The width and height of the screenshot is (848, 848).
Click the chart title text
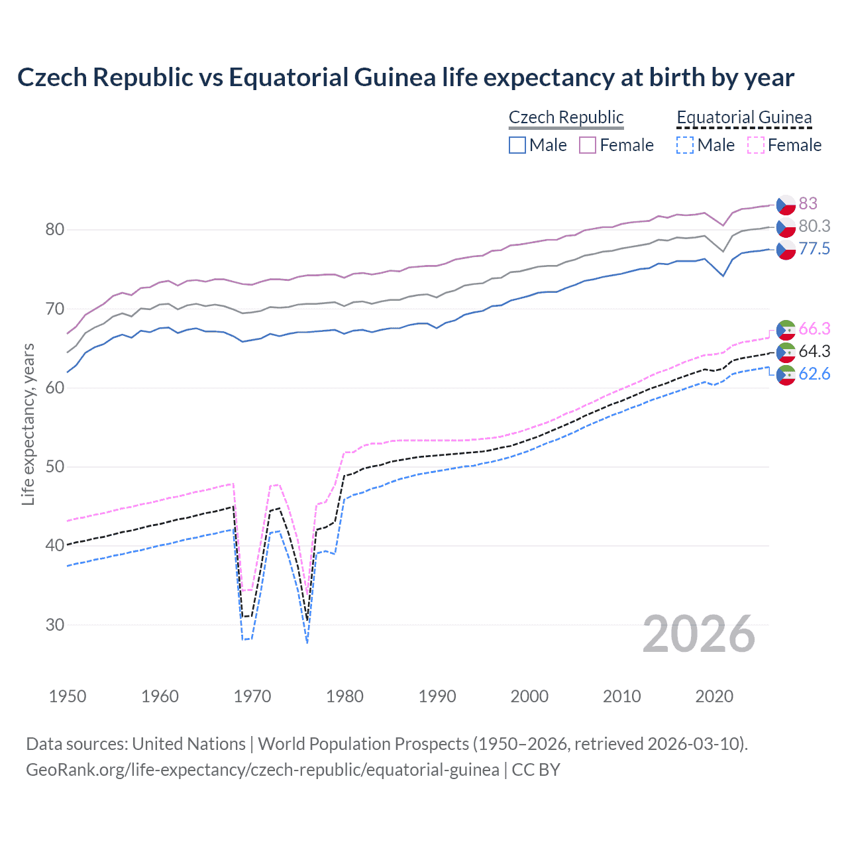tap(405, 78)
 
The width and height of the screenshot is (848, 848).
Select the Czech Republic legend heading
tap(566, 117)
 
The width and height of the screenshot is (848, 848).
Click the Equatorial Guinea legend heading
tap(744, 117)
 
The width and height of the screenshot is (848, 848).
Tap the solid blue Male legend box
tap(517, 145)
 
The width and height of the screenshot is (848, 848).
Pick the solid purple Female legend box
tap(588, 145)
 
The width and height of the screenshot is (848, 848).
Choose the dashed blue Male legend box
tap(685, 145)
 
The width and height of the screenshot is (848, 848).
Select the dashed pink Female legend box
tap(756, 145)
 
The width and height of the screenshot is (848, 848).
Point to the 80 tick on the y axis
tap(55, 230)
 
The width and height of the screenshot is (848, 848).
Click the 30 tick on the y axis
tap(55, 625)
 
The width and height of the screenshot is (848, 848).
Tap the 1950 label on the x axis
tap(68, 696)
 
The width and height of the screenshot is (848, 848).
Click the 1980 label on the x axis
tap(344, 696)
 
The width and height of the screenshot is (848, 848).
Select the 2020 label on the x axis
tap(714, 696)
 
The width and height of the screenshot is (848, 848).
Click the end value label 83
tap(808, 203)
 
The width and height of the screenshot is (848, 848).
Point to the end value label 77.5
tap(814, 249)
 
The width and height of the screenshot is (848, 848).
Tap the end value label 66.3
tap(814, 329)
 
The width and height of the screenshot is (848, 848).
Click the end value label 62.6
tap(814, 374)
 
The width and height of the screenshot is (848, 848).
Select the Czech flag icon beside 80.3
tap(786, 227)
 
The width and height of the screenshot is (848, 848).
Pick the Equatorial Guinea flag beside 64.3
tap(786, 352)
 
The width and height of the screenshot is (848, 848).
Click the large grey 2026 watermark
tap(699, 634)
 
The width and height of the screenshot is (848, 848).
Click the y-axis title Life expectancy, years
tap(28, 424)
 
